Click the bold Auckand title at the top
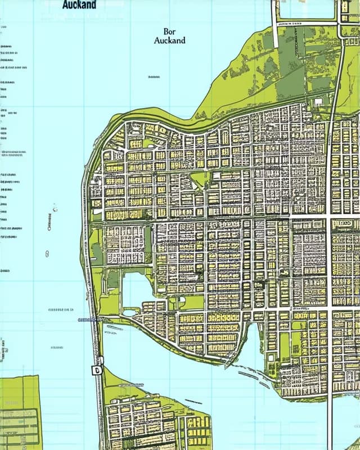coord(79,5)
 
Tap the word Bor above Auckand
coord(169,31)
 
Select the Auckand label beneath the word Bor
coord(169,41)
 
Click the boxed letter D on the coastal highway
coord(96,370)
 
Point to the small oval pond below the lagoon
coord(130,312)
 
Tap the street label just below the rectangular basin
coord(289,25)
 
